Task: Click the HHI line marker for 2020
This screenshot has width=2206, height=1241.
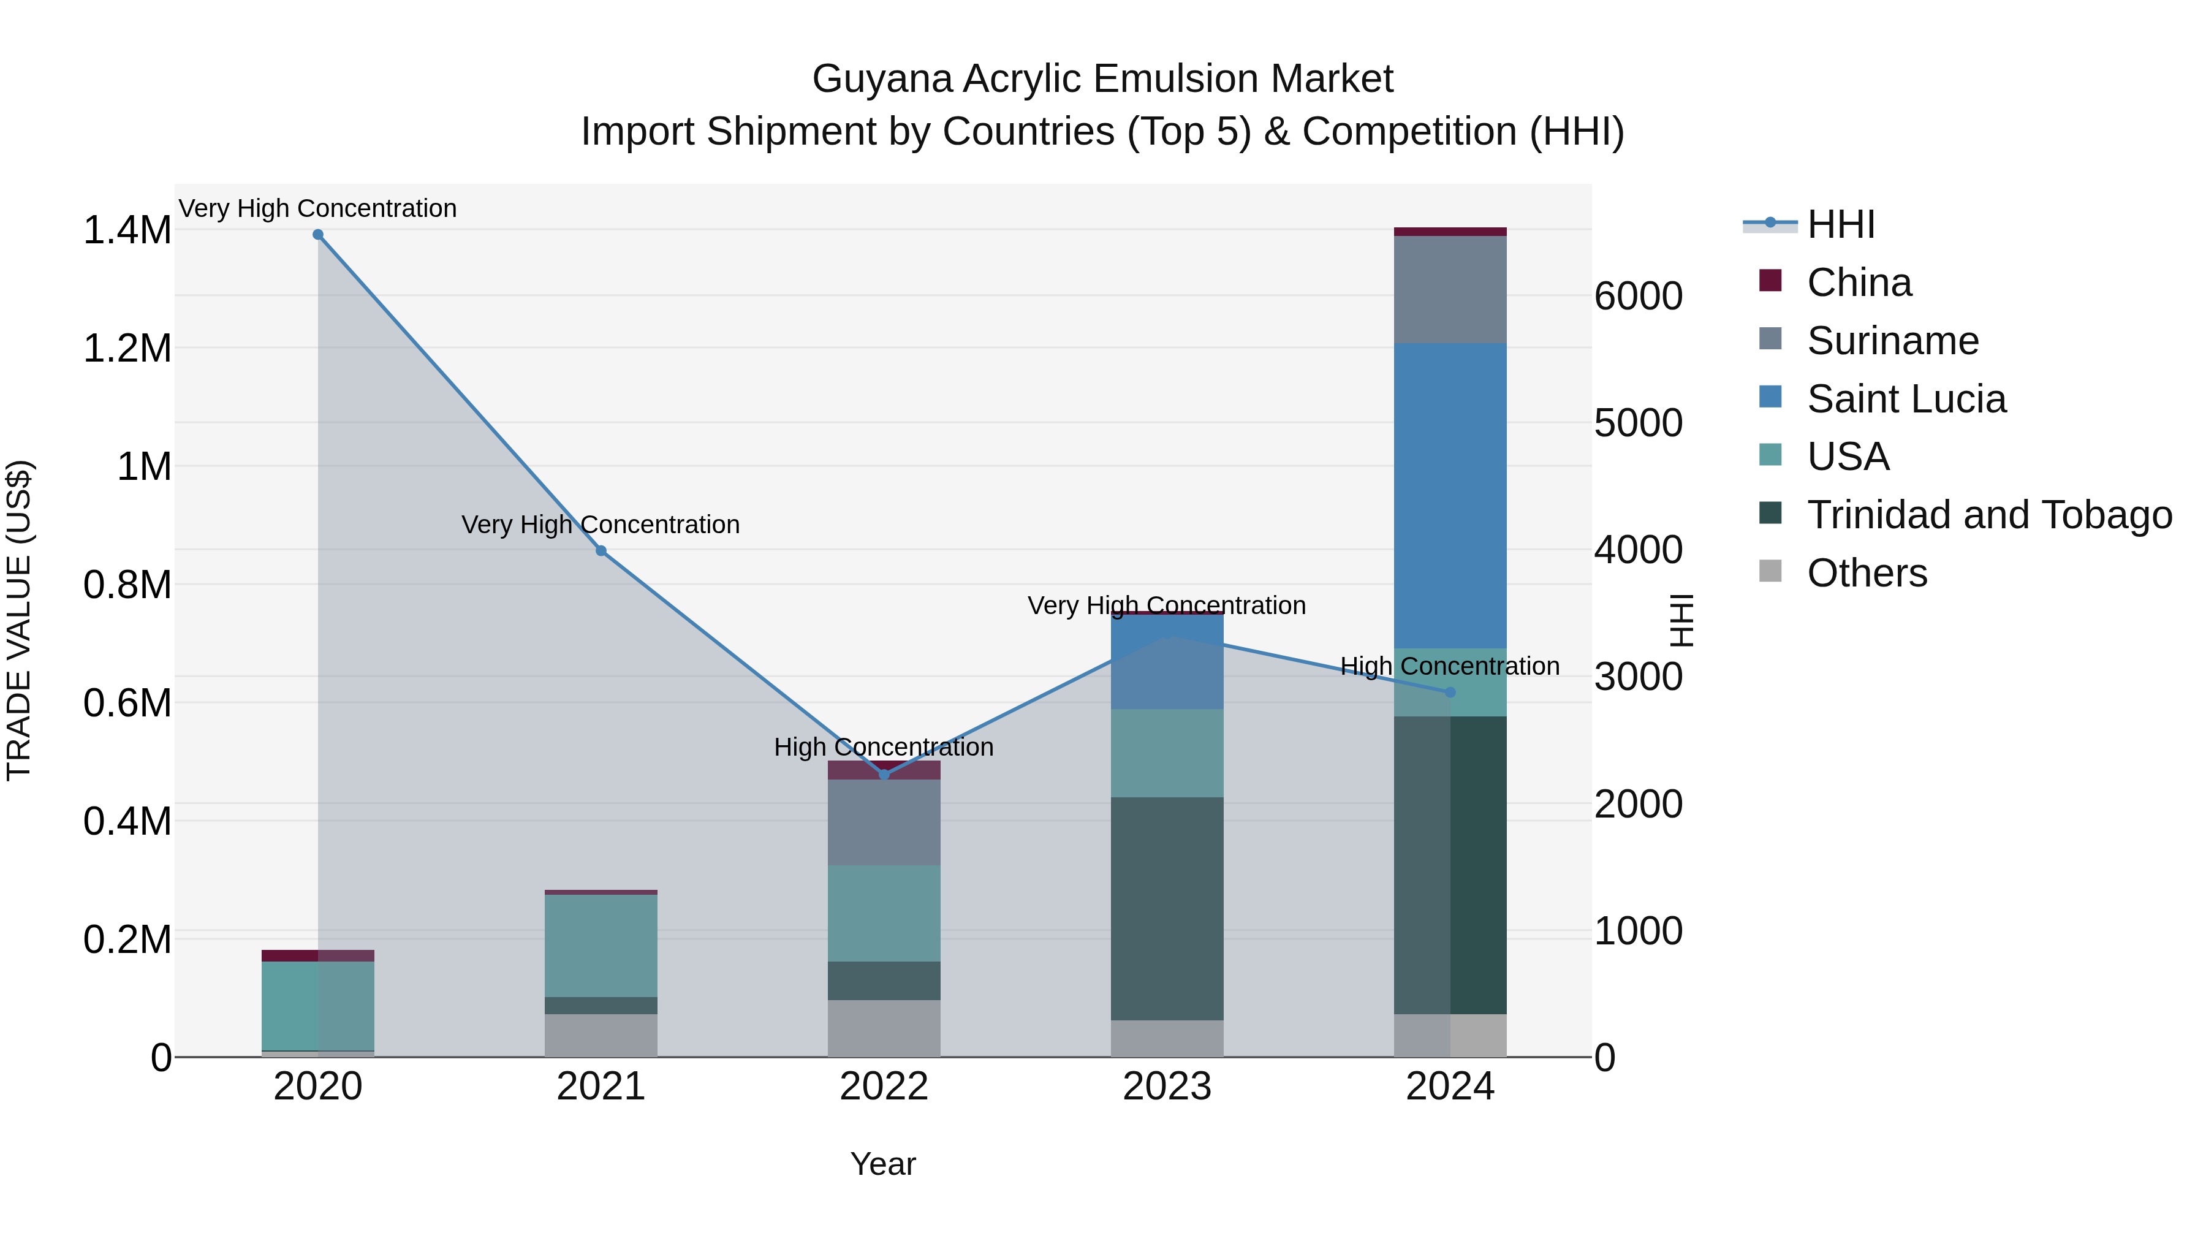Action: click(x=317, y=235)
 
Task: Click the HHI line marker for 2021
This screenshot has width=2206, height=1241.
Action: click(x=601, y=551)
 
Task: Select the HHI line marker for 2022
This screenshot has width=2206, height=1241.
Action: click(x=884, y=774)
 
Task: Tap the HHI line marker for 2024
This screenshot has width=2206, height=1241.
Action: click(x=1450, y=692)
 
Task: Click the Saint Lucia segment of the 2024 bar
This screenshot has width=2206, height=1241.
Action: click(x=1450, y=497)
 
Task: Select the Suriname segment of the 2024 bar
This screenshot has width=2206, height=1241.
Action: click(x=1450, y=289)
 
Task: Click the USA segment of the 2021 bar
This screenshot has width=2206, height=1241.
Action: click(x=601, y=946)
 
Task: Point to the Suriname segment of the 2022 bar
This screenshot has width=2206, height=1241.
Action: click(x=884, y=822)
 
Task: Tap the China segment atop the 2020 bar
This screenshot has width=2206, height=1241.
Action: click(x=317, y=956)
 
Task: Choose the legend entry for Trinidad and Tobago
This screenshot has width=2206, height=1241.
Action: click(x=1988, y=515)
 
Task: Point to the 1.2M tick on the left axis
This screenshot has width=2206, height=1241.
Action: click(x=127, y=349)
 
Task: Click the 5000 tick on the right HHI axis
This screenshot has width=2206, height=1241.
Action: click(x=1638, y=423)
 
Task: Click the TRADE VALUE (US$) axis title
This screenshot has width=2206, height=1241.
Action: click(x=20, y=620)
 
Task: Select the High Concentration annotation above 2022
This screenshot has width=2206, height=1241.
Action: click(x=884, y=747)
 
